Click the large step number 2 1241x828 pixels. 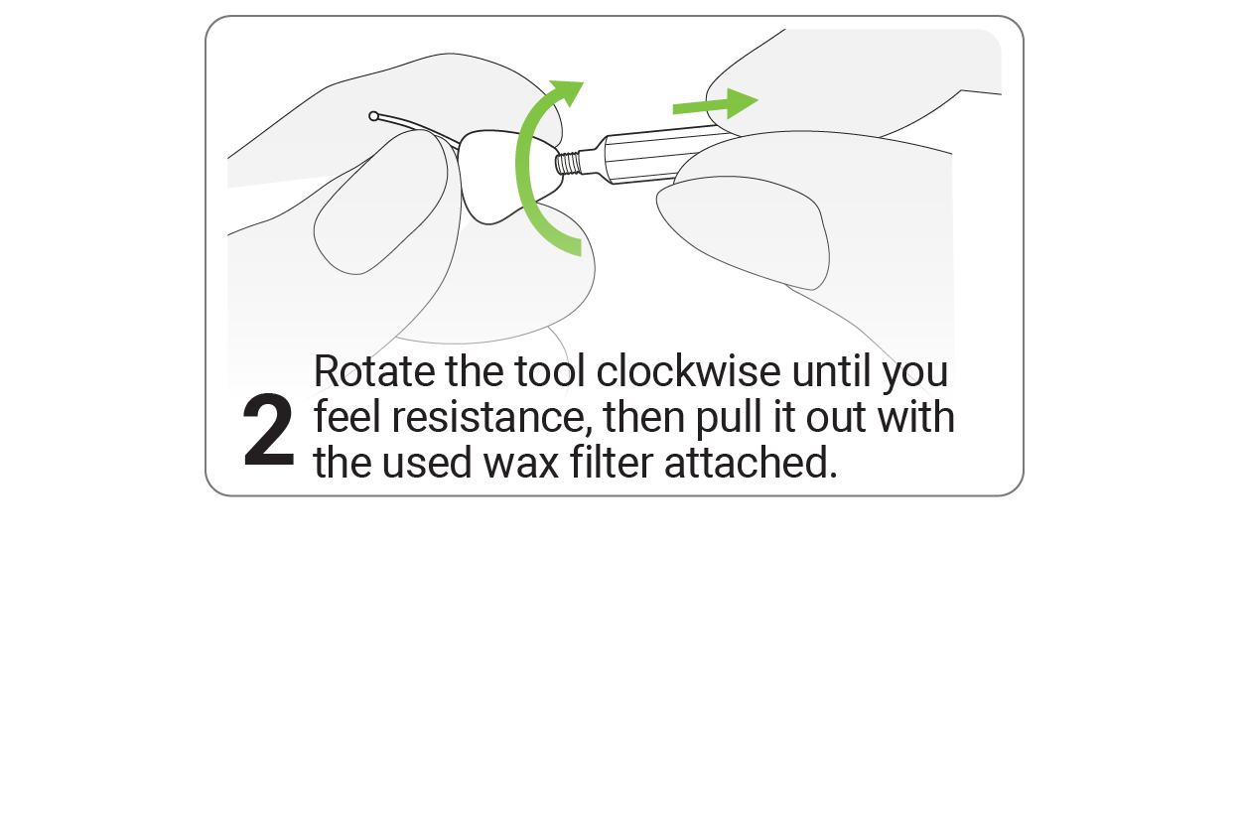coord(268,430)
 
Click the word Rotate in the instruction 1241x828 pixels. coord(374,371)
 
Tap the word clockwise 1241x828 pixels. coord(689,370)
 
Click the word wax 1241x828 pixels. coord(521,463)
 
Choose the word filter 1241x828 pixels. coord(612,462)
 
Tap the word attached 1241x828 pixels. coord(751,462)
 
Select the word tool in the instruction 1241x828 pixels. coord(550,370)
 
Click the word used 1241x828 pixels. coord(427,462)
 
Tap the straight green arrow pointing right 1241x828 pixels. coord(715,103)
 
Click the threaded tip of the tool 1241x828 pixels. coord(569,164)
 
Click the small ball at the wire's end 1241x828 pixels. coord(374,116)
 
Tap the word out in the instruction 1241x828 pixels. coord(836,418)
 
